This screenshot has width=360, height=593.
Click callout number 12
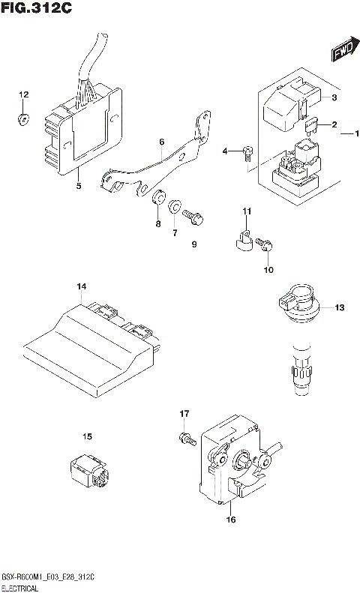click(23, 94)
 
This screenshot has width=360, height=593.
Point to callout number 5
click(79, 186)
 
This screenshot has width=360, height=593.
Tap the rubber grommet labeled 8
click(158, 200)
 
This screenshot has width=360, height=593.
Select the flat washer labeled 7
click(175, 205)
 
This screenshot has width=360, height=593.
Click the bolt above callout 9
click(192, 217)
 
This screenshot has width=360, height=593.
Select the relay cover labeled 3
click(285, 104)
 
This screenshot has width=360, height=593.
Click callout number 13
click(340, 307)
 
